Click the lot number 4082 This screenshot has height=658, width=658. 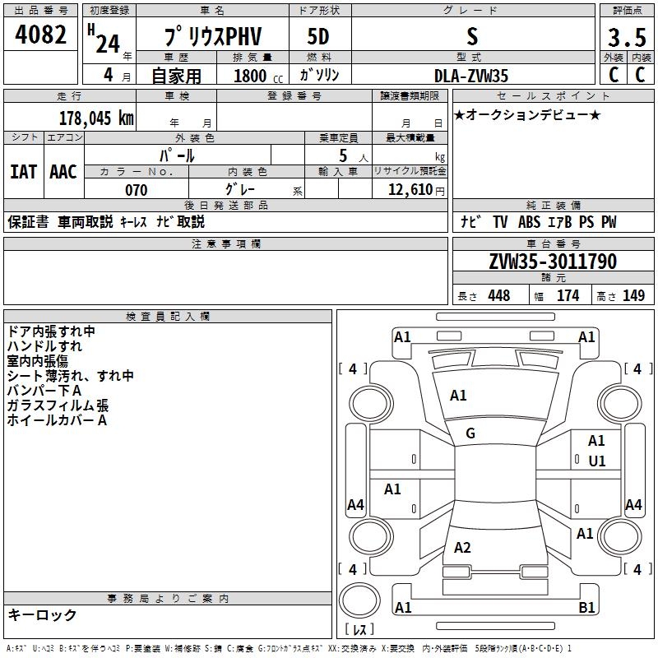tap(41, 35)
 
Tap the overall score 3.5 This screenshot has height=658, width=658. tap(626, 38)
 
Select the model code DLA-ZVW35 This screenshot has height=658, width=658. tap(471, 76)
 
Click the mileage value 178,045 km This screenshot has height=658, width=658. tap(95, 118)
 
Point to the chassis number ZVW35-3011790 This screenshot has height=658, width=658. tap(552, 262)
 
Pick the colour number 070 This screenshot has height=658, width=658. tap(136, 190)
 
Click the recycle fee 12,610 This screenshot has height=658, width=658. tap(409, 190)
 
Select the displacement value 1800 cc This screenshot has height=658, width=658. tap(250, 76)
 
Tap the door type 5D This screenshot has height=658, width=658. tap(318, 37)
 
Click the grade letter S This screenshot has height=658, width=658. tap(471, 37)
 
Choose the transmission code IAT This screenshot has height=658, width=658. tap(22, 171)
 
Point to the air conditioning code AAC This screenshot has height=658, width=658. tap(63, 171)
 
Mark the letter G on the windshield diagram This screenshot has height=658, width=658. tap(470, 433)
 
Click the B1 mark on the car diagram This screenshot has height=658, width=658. tap(586, 607)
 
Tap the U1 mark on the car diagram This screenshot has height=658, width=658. tap(596, 461)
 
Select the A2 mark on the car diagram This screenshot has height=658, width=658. tap(462, 548)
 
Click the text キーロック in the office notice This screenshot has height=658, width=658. tap(43, 614)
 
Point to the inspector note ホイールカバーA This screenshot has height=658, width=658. tap(57, 420)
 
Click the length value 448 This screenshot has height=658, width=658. tap(498, 295)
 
